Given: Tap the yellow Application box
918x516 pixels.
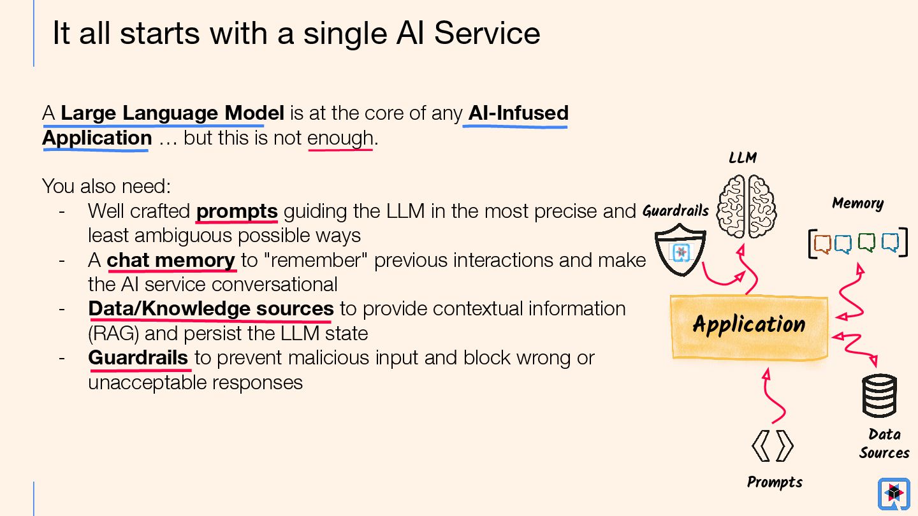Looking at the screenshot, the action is click(749, 326).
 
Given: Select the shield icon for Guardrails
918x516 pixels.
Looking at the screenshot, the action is click(680, 252).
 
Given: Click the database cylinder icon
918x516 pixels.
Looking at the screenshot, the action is click(879, 396).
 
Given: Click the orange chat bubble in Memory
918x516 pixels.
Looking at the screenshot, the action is click(822, 243).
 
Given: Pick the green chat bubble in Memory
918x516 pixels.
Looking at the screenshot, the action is click(866, 243).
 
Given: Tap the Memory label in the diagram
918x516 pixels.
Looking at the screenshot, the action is click(857, 204).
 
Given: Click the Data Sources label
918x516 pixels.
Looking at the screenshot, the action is click(884, 443).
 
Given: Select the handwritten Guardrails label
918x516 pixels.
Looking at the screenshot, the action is click(675, 211).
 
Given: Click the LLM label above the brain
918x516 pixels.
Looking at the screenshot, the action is click(743, 157).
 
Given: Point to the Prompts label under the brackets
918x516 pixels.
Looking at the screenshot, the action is click(775, 482).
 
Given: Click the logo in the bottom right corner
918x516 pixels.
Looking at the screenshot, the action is click(893, 494).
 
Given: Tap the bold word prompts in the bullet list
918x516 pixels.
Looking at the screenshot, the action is click(237, 211).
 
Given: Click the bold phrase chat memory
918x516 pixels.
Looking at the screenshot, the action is click(171, 260).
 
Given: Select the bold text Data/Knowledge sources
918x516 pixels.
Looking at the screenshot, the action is click(211, 309).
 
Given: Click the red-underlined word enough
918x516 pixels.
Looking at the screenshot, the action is click(340, 138).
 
